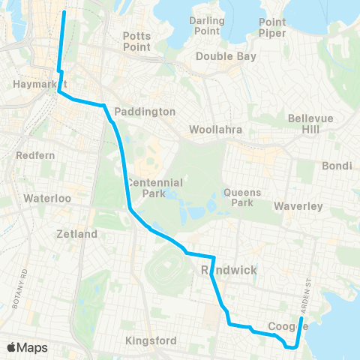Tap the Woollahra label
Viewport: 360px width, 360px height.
pyautogui.click(x=216, y=129)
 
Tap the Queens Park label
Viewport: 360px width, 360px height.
pyautogui.click(x=242, y=197)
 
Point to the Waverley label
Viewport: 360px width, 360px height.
pyautogui.click(x=297, y=205)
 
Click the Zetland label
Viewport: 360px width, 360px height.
pyautogui.click(x=76, y=234)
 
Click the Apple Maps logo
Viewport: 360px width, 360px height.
pyautogui.click(x=27, y=347)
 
